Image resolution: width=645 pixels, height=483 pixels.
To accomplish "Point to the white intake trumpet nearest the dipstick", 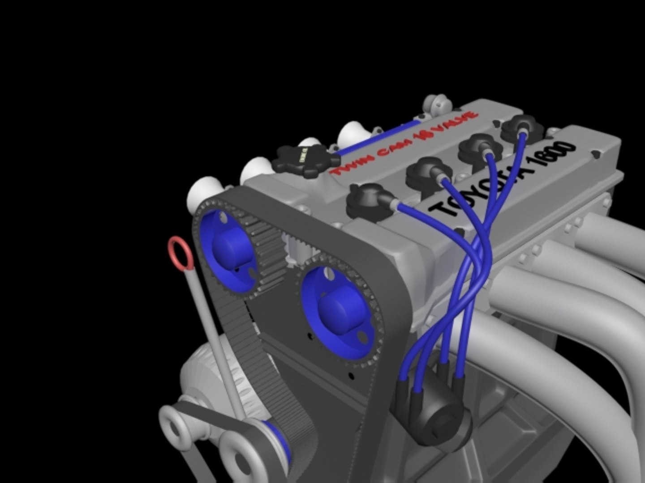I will [x=204, y=192].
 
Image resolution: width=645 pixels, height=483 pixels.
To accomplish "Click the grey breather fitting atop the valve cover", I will [x=437, y=104].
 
